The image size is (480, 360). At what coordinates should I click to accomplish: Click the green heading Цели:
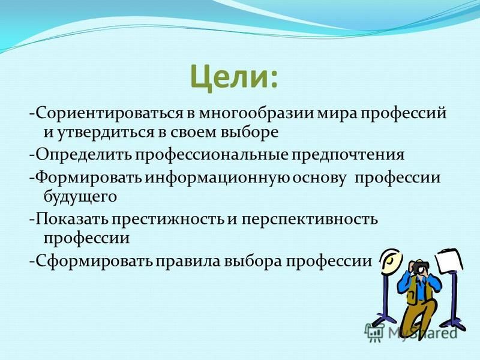pyautogui.click(x=234, y=77)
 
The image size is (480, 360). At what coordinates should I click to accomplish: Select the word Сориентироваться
pyautogui.click(x=109, y=114)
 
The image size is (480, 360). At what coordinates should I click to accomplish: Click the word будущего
pyautogui.click(x=80, y=197)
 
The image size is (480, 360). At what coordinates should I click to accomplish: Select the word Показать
pyautogui.click(x=71, y=220)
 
